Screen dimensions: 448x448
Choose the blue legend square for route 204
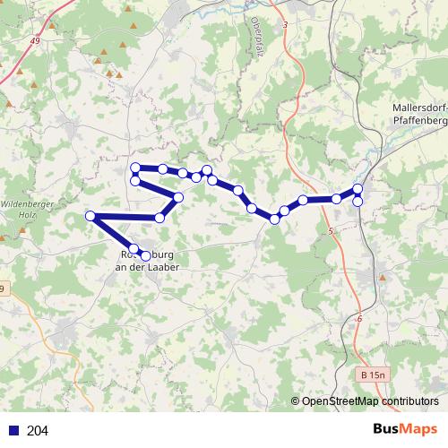click(x=13, y=431)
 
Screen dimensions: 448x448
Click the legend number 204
click(x=38, y=431)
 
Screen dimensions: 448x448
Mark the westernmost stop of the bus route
click(x=90, y=216)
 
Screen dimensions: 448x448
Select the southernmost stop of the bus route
click(x=145, y=256)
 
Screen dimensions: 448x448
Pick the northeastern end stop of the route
click(x=358, y=188)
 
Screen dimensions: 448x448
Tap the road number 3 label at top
click(x=285, y=24)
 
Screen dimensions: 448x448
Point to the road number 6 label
click(x=359, y=319)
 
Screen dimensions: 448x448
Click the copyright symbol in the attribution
click(x=296, y=401)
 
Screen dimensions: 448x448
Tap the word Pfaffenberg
click(x=418, y=119)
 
